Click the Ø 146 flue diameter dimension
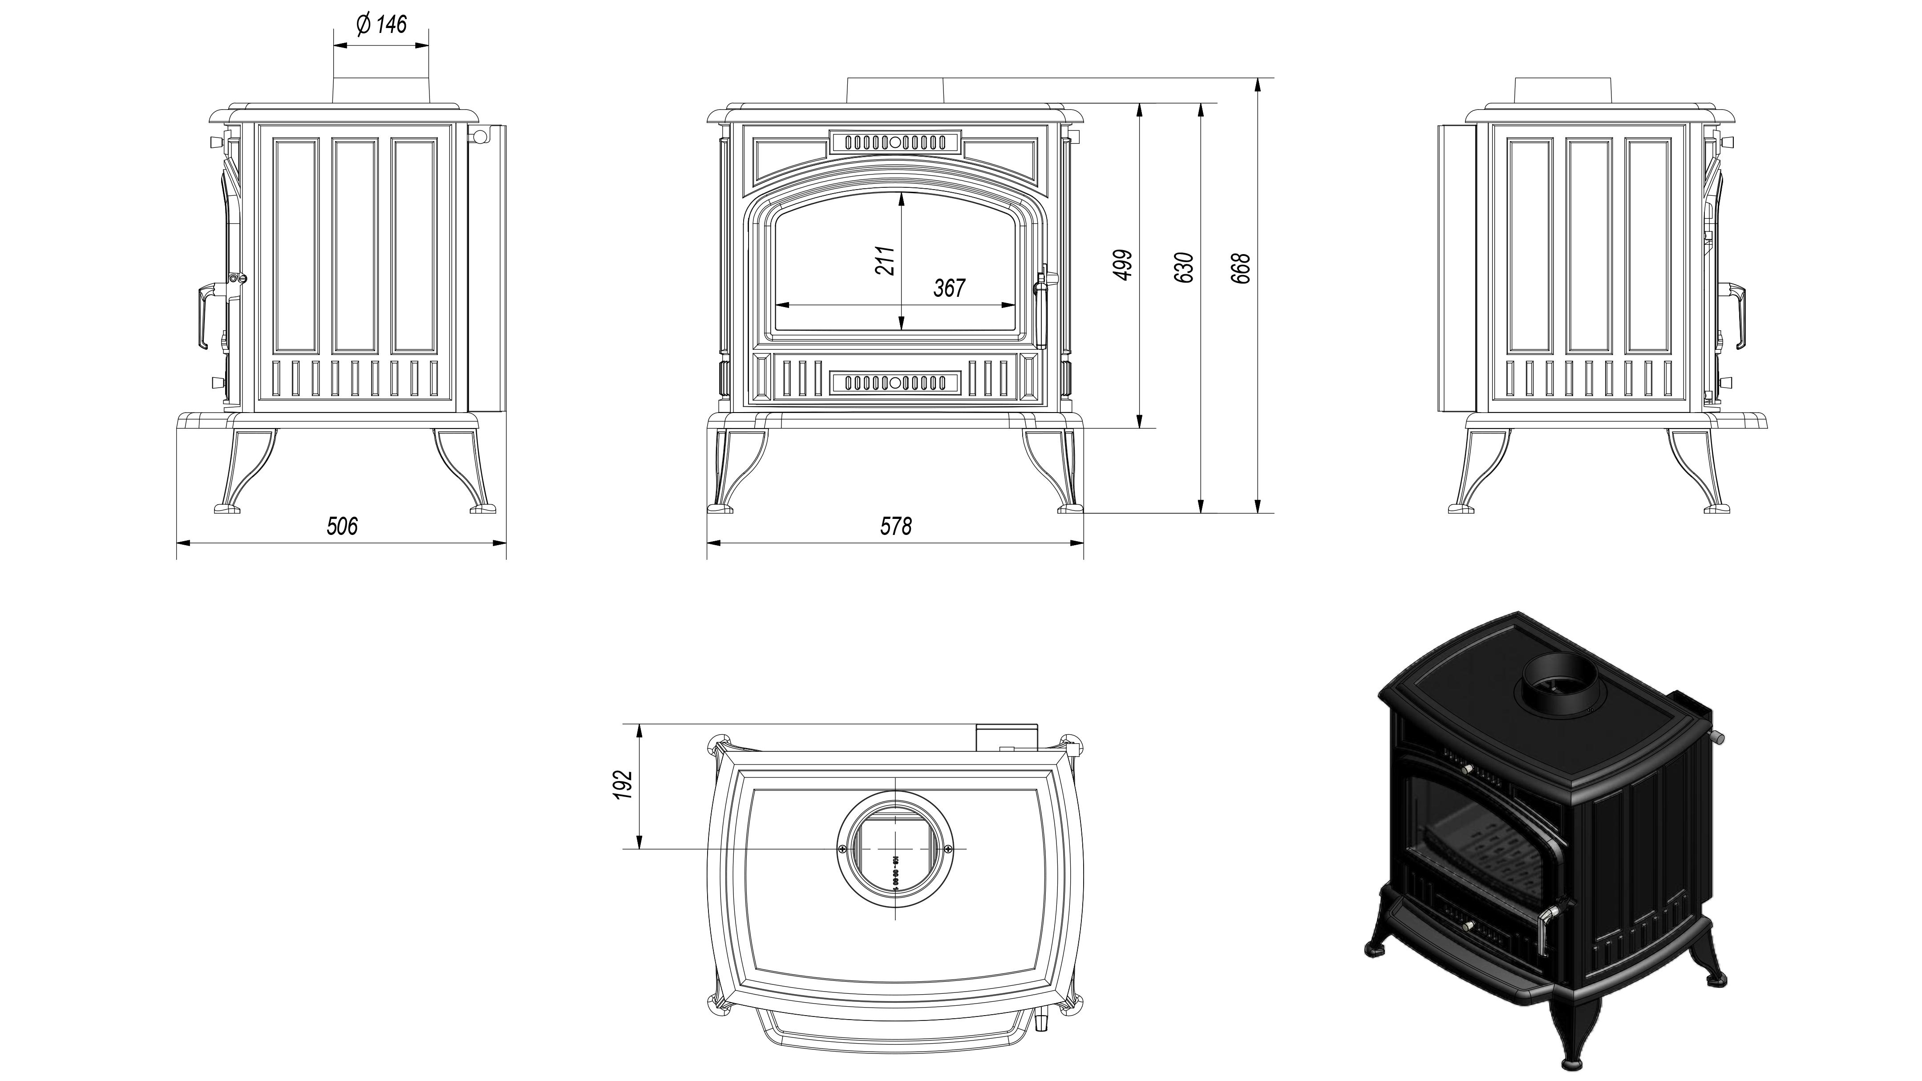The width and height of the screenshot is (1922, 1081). point(381,24)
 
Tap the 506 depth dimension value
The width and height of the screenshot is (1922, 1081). point(342,526)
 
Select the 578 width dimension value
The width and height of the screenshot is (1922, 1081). point(895,526)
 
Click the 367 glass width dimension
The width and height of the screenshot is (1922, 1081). point(949,288)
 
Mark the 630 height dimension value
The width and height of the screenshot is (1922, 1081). point(1184,267)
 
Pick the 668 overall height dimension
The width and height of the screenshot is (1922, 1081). point(1241,268)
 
